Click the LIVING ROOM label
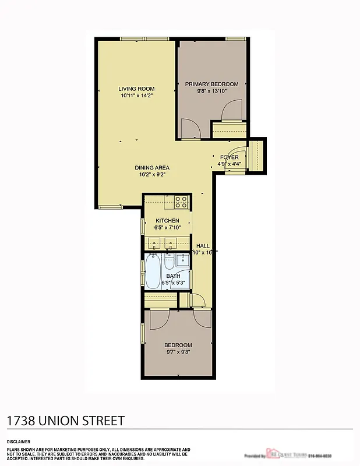(137, 89)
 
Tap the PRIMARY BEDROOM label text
(211, 84)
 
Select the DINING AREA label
(152, 168)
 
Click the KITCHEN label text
(167, 220)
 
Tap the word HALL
(203, 245)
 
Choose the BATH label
(173, 276)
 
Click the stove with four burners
(181, 203)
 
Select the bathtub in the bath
(153, 272)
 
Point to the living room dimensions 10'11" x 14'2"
(137, 96)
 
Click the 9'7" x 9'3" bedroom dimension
(178, 352)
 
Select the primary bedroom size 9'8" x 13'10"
(211, 91)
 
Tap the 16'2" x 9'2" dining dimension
(152, 174)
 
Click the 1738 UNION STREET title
(65, 421)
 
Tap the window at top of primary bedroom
(235, 39)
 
